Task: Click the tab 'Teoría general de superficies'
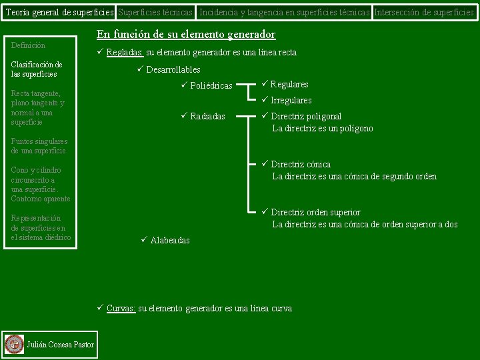pyautogui.click(x=59, y=12)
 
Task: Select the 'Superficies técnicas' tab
pyautogui.click(x=156, y=12)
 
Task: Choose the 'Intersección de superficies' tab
pyautogui.click(x=425, y=12)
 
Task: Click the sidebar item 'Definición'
pyautogui.click(x=28, y=45)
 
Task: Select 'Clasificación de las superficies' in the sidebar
pyautogui.click(x=37, y=69)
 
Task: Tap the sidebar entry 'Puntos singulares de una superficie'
pyautogui.click(x=39, y=146)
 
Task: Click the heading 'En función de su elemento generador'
pyautogui.click(x=186, y=35)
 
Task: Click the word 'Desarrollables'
pyautogui.click(x=173, y=69)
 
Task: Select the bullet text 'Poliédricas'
pyautogui.click(x=211, y=86)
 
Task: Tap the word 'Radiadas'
pyautogui.click(x=207, y=117)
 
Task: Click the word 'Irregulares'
pyautogui.click(x=291, y=100)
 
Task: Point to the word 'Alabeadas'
pyautogui.click(x=169, y=240)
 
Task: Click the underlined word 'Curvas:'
pyautogui.click(x=121, y=309)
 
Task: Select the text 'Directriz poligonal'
pyautogui.click(x=306, y=117)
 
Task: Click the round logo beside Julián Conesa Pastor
pyautogui.click(x=14, y=344)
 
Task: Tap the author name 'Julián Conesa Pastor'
pyautogui.click(x=60, y=344)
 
